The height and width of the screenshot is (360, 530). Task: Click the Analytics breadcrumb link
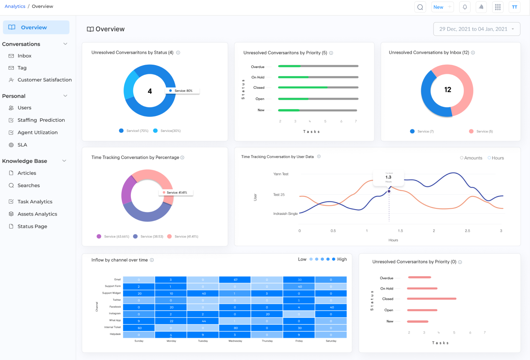point(15,7)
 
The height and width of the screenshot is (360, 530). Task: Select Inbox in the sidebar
point(24,56)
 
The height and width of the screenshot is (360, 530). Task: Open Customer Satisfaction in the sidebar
point(44,80)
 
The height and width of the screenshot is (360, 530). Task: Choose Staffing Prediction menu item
point(41,120)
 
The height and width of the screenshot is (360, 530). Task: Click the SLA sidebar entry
point(22,145)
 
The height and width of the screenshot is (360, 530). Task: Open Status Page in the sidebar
point(32,226)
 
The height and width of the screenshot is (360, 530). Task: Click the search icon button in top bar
point(420,7)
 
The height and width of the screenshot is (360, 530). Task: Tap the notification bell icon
point(465,7)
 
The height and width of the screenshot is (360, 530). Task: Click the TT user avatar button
point(514,7)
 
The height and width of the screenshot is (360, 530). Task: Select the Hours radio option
point(496,158)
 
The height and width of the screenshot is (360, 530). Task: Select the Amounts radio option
point(471,158)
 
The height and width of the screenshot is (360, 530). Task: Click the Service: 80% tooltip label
point(182,91)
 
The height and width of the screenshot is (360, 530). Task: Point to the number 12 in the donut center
point(447,90)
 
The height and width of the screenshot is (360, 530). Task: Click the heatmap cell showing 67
point(235,280)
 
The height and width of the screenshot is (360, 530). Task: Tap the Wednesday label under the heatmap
point(235,341)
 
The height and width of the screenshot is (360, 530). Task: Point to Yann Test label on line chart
point(281,174)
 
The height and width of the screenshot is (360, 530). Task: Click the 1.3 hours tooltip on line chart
point(388,178)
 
